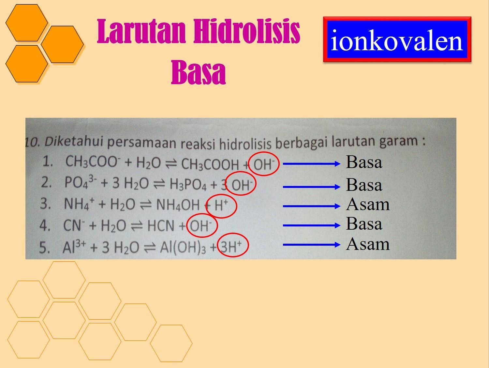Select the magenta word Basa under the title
click(x=199, y=72)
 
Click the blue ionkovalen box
click(x=397, y=39)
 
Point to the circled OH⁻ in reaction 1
click(x=264, y=164)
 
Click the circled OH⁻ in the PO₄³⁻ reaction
click(x=241, y=183)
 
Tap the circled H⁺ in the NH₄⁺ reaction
click(x=221, y=206)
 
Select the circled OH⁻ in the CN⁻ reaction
click(x=202, y=225)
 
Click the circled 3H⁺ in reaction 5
click(x=233, y=245)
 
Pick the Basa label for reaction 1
click(x=364, y=162)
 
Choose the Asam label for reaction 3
click(x=368, y=205)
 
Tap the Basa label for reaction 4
click(x=364, y=223)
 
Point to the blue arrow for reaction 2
click(x=312, y=187)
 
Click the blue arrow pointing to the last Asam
click(x=312, y=244)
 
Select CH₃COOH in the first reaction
click(x=210, y=164)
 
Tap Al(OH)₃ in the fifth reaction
click(x=183, y=247)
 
